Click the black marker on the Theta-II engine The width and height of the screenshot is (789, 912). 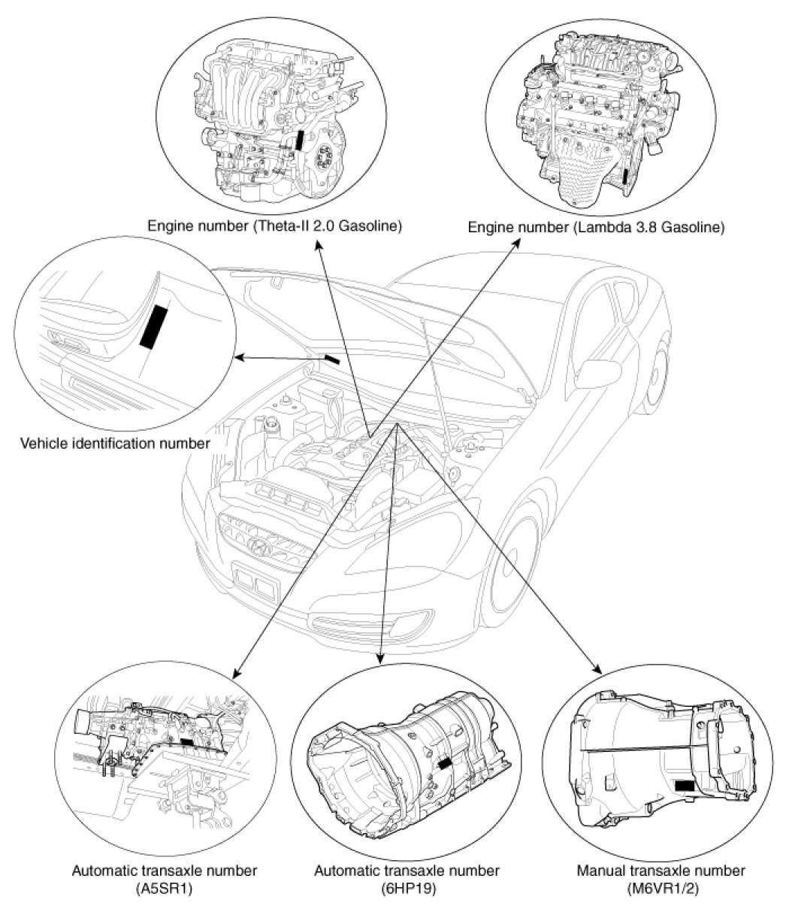(x=300, y=142)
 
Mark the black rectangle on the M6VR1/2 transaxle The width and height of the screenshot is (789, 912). (x=684, y=786)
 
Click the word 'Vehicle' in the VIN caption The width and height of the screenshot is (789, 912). (x=43, y=443)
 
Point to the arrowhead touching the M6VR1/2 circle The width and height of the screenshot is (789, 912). (x=599, y=668)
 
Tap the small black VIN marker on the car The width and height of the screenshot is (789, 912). (x=331, y=359)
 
